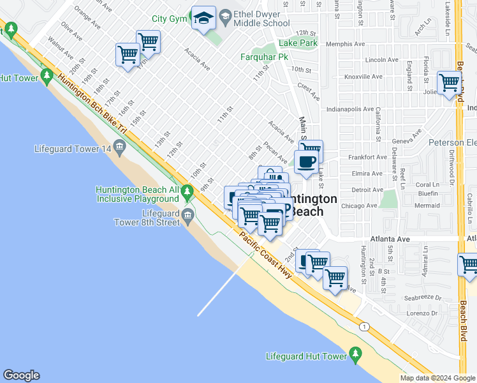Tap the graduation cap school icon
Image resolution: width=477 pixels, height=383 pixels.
tap(204, 19)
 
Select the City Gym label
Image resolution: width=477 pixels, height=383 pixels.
tap(168, 19)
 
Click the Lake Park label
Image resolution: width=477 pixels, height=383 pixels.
tap(298, 43)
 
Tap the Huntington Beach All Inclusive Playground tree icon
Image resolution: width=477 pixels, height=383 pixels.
tap(187, 191)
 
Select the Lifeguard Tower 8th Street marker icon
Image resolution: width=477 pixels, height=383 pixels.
tap(187, 214)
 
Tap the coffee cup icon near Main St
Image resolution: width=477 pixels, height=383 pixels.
tap(306, 161)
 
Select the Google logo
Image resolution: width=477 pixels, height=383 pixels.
tap(21, 375)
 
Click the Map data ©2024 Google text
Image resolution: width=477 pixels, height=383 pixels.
tap(437, 378)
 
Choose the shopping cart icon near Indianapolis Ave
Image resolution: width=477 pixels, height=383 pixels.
tap(449, 82)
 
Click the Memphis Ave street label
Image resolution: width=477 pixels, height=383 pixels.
tap(345, 44)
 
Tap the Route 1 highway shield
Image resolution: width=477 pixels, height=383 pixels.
tap(364, 327)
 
